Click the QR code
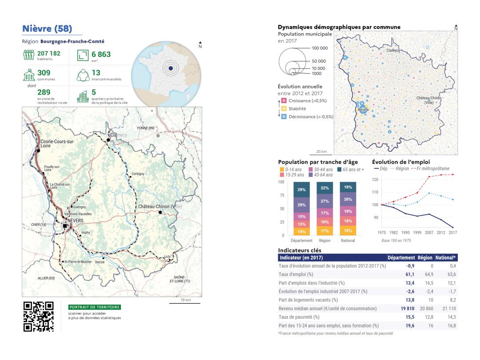[x=38, y=317]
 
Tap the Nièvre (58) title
[x=47, y=29]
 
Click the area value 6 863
[x=101, y=55]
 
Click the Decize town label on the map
[x=100, y=262]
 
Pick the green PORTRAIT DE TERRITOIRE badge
[x=95, y=307]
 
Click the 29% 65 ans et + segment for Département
[x=301, y=190]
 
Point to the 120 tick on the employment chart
[x=375, y=180]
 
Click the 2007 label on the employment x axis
[x=428, y=232]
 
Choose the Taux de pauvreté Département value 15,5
[x=409, y=317]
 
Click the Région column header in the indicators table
[x=424, y=257]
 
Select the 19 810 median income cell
[x=406, y=308]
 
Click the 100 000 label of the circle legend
[x=320, y=48]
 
